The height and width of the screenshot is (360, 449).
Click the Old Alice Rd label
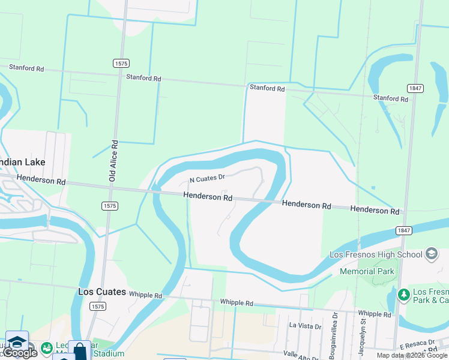pos(112,161)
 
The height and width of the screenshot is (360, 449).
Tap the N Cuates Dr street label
pos(207,178)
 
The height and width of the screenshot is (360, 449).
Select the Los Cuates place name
pos(102,292)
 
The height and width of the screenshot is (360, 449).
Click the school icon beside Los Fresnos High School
pos(431,254)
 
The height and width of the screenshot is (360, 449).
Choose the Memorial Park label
pos(367,271)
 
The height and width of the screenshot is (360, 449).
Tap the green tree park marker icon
pos(403,295)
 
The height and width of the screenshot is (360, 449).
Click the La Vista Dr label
pos(305,326)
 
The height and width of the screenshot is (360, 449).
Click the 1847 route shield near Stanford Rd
pos(415,88)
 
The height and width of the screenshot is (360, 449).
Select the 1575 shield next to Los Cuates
pos(97,306)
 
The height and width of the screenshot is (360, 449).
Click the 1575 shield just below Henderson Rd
pos(110,206)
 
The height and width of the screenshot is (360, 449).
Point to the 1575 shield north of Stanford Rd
pos(121,63)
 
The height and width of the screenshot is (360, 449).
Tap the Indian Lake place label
pos(23,162)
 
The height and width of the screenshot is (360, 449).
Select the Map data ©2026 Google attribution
pos(412,355)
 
